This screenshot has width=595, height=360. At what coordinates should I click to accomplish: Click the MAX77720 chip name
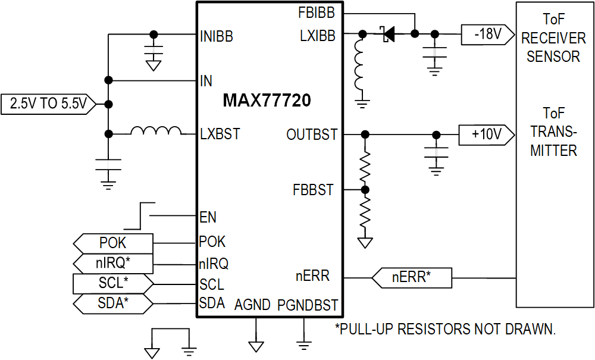267,101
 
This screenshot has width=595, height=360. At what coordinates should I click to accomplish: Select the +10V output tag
486,135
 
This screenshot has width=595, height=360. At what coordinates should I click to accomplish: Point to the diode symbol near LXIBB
389,35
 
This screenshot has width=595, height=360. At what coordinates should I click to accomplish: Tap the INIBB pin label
217,37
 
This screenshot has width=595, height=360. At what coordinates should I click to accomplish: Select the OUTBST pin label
312,135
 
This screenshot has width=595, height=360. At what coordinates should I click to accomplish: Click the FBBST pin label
313,190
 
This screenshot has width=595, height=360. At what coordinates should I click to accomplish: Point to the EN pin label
208,218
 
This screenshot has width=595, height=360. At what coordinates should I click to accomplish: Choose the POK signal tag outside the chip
113,243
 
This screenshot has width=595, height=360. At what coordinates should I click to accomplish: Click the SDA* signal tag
113,303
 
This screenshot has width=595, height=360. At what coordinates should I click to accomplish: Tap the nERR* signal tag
412,277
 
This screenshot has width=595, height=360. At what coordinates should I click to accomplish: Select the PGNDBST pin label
308,305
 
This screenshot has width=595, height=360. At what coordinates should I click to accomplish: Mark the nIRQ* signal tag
113,263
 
